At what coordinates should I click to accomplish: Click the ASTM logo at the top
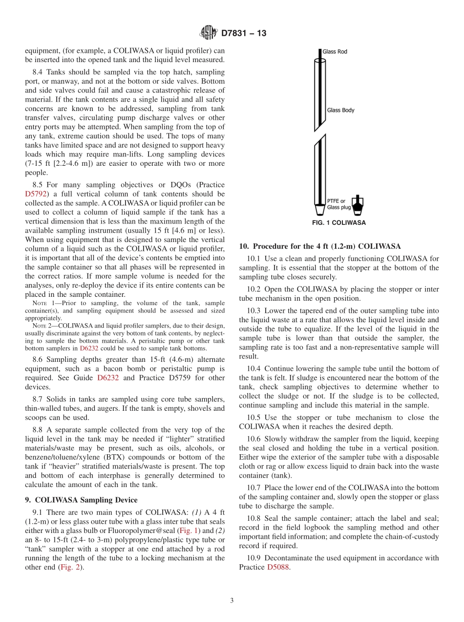click(x=209, y=33)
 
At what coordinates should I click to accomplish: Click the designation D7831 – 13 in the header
click(x=243, y=34)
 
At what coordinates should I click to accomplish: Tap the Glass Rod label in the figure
click(x=335, y=51)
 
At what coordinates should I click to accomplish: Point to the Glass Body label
click(x=340, y=110)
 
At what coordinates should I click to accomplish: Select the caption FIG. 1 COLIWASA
click(x=338, y=222)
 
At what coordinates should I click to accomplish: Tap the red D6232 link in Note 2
click(x=89, y=348)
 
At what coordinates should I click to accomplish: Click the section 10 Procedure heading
click(x=319, y=246)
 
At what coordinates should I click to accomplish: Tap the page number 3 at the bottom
click(x=232, y=600)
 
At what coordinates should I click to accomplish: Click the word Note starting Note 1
click(x=39, y=303)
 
